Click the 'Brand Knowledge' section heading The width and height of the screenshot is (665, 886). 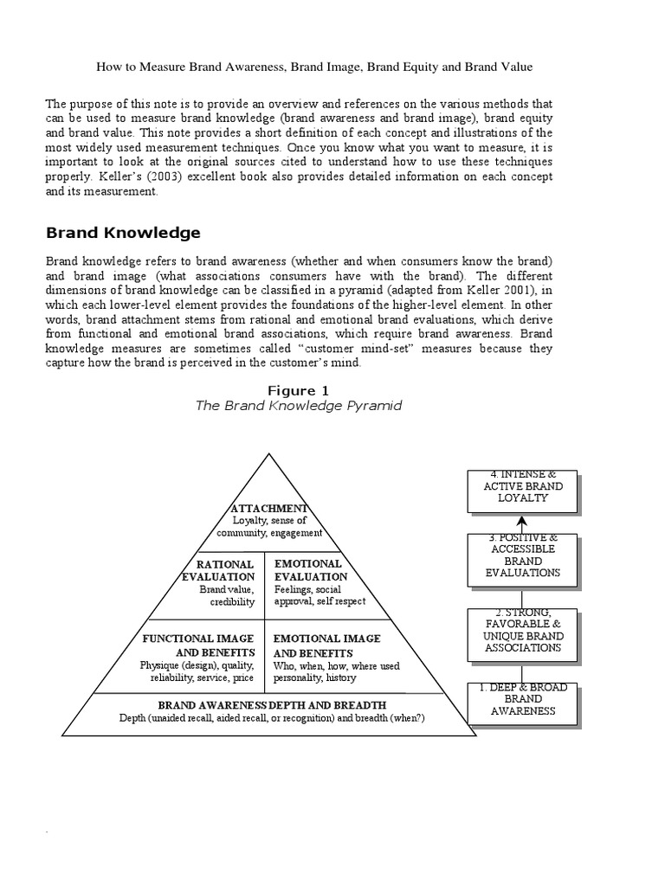point(123,233)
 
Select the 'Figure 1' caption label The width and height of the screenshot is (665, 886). point(299,391)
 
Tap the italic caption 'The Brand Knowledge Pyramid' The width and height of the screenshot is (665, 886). point(299,406)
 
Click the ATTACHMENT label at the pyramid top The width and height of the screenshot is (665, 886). point(269,508)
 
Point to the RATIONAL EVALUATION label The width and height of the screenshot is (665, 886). point(220,570)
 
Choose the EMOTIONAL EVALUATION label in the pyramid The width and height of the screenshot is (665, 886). point(311,570)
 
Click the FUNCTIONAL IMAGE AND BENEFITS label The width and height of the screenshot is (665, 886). point(197,645)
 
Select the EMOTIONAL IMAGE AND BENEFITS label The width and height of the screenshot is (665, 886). point(326,645)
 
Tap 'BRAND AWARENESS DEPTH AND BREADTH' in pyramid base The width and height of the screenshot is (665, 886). point(272,705)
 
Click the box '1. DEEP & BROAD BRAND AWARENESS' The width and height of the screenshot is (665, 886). point(522,699)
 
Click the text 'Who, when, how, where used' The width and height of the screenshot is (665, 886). point(336,666)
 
